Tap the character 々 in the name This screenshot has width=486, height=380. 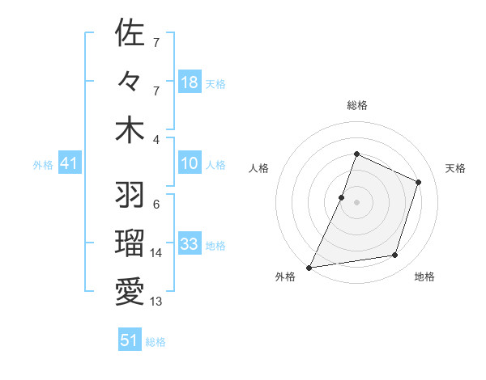pos(130,82)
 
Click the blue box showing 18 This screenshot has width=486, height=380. pos(190,82)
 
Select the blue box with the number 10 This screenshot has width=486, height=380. pos(190,164)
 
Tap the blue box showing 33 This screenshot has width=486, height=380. pos(190,244)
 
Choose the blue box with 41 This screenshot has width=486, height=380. pos(70,164)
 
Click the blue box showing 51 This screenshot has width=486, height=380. pos(130,340)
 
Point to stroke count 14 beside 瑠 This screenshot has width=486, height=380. pos(156,253)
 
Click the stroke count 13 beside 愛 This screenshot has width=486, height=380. pos(156,302)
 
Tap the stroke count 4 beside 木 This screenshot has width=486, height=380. pos(156,139)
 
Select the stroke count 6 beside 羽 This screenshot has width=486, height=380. pos(156,205)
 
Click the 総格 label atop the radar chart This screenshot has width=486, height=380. pos(356,105)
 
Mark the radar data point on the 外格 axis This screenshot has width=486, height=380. pos(309,267)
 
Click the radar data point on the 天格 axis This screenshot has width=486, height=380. pos(419,182)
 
